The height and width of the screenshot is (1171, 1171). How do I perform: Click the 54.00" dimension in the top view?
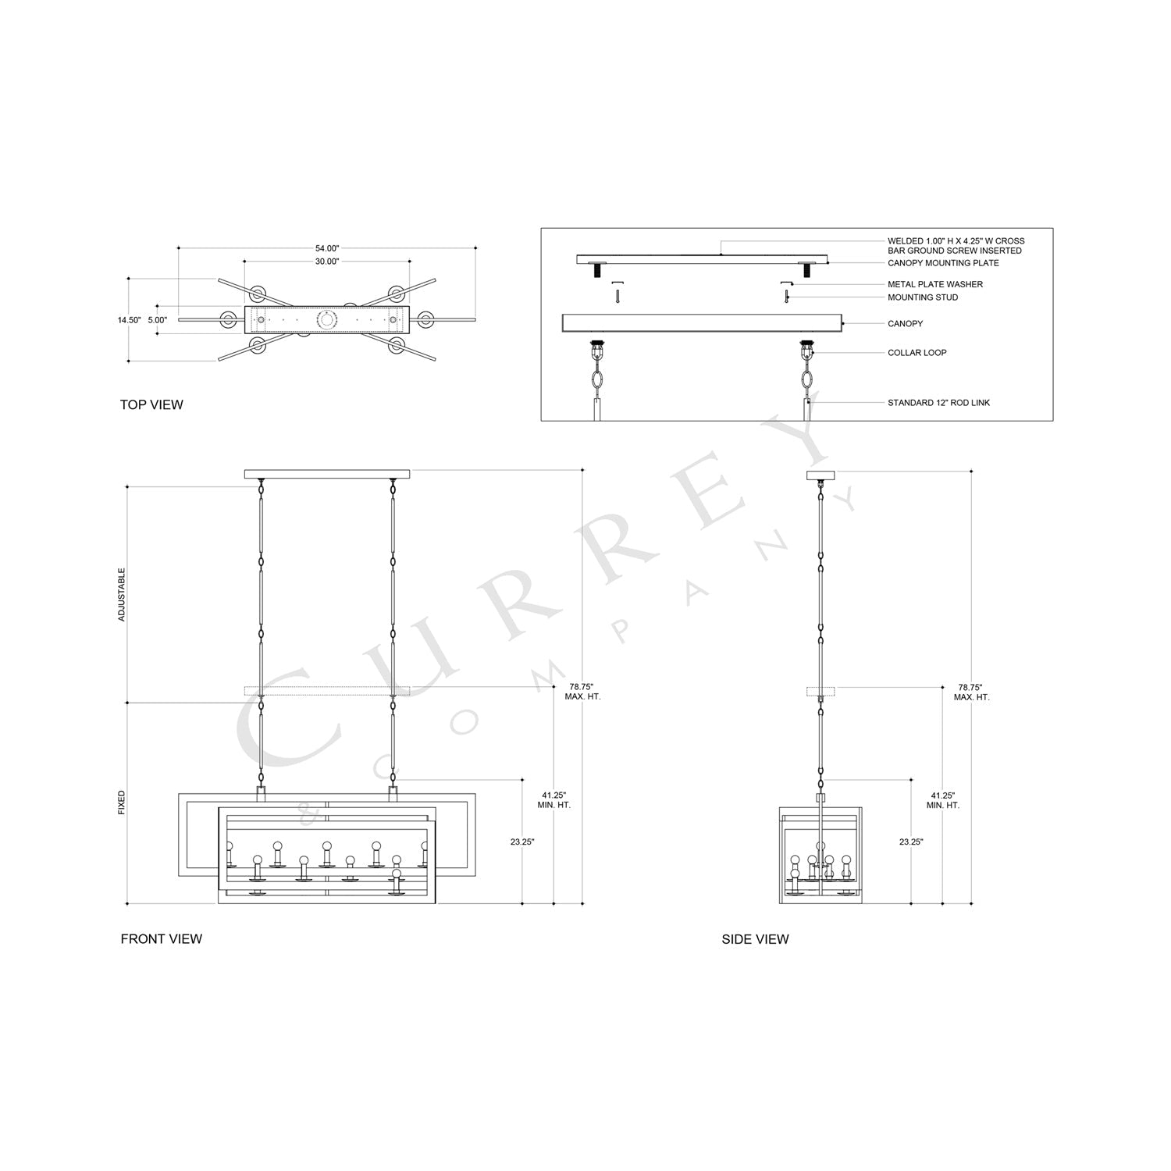pyautogui.click(x=326, y=248)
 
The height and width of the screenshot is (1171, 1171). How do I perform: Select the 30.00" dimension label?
pyautogui.click(x=326, y=262)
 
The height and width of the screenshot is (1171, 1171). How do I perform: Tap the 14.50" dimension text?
pyautogui.click(x=129, y=320)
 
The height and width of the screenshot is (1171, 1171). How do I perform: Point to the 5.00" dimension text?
pyautogui.click(x=157, y=320)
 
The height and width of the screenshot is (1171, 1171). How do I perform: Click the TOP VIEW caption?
pyautogui.click(x=151, y=404)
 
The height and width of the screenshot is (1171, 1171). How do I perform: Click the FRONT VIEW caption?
pyautogui.click(x=161, y=939)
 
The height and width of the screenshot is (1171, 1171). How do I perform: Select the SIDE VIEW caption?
pyautogui.click(x=755, y=939)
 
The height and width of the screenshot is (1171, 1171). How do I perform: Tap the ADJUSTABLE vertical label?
pyautogui.click(x=122, y=595)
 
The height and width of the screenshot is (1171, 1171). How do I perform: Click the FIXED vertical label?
pyautogui.click(x=122, y=803)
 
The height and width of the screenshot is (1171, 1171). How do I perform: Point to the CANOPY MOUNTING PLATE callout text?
pyautogui.click(x=943, y=263)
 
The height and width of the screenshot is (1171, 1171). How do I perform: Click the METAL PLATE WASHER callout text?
pyautogui.click(x=934, y=284)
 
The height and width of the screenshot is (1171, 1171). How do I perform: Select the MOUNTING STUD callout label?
pyautogui.click(x=922, y=297)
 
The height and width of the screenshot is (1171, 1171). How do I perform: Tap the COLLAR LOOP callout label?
pyautogui.click(x=917, y=353)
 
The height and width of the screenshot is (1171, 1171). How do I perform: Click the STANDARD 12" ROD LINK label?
pyautogui.click(x=938, y=403)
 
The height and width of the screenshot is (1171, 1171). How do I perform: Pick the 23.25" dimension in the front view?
pyautogui.click(x=522, y=842)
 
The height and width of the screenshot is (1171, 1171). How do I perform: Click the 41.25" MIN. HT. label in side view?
pyautogui.click(x=943, y=799)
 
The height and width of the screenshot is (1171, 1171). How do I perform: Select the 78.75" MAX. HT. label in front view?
pyautogui.click(x=582, y=692)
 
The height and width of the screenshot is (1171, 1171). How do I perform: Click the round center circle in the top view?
pyautogui.click(x=327, y=319)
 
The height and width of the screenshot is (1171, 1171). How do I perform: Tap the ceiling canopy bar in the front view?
pyautogui.click(x=327, y=474)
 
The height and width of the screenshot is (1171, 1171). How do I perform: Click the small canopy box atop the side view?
pyautogui.click(x=820, y=474)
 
